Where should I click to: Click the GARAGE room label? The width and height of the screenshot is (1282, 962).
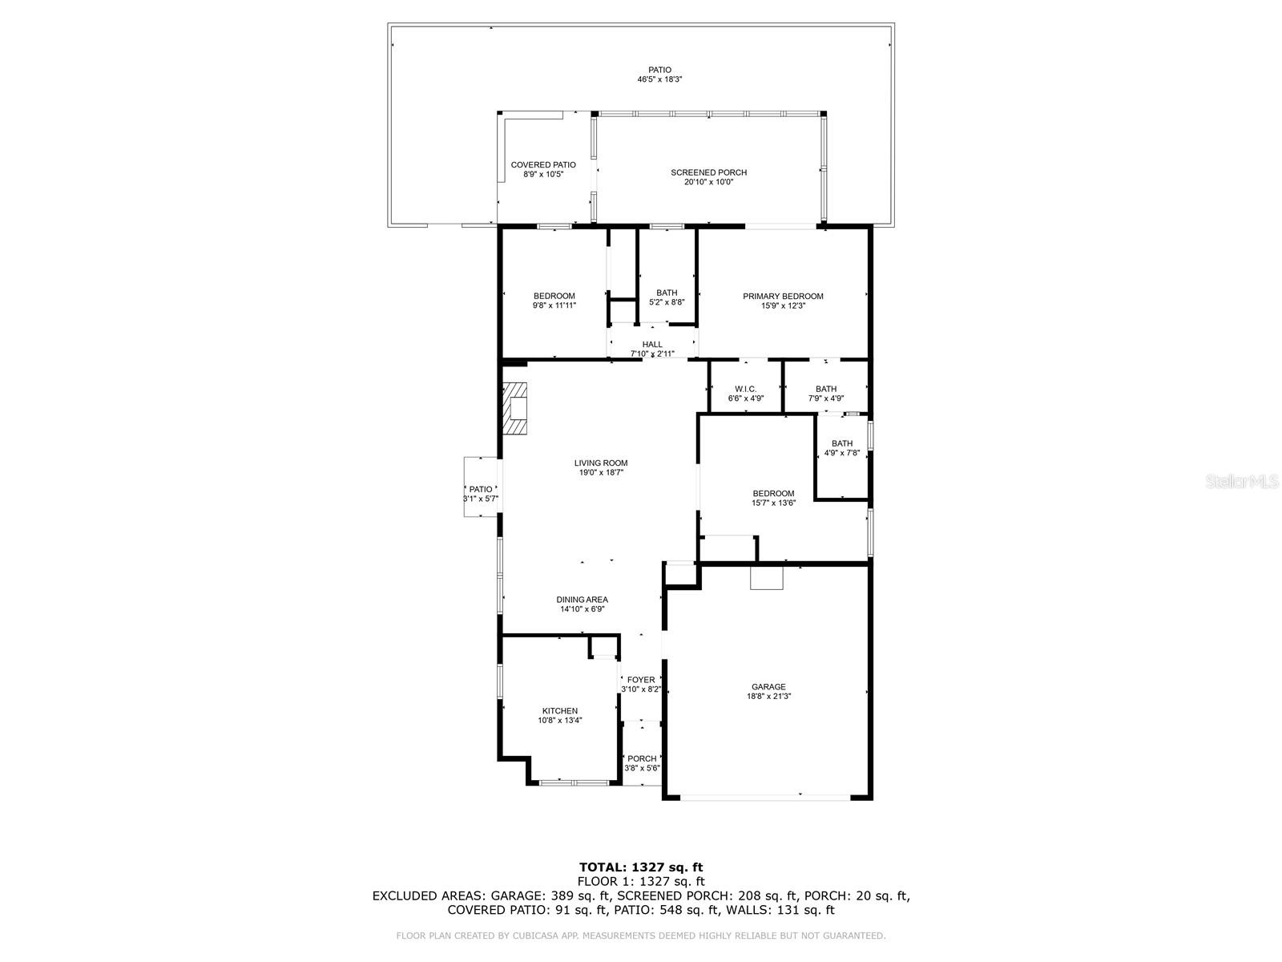[768, 687]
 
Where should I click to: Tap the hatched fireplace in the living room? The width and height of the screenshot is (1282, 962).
[515, 409]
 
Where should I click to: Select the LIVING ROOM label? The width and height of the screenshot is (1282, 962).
[601, 463]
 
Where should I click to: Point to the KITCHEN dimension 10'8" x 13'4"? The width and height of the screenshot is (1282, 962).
[560, 721]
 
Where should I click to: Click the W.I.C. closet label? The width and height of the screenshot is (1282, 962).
[745, 389]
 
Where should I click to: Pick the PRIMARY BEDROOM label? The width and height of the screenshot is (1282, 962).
[783, 296]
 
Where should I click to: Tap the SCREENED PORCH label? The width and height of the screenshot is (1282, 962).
[708, 172]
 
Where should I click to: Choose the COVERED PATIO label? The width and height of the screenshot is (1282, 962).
[543, 164]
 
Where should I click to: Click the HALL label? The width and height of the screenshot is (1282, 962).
[652, 344]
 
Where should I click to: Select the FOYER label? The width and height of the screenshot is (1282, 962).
[641, 680]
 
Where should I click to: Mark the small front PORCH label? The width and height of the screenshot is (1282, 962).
[642, 758]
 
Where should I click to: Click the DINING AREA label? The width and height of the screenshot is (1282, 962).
[583, 600]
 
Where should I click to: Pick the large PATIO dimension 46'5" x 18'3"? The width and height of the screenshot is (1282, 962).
[660, 79]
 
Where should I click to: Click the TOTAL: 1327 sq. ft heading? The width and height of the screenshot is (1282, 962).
[641, 867]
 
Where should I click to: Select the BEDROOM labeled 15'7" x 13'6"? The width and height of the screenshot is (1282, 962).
[773, 493]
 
